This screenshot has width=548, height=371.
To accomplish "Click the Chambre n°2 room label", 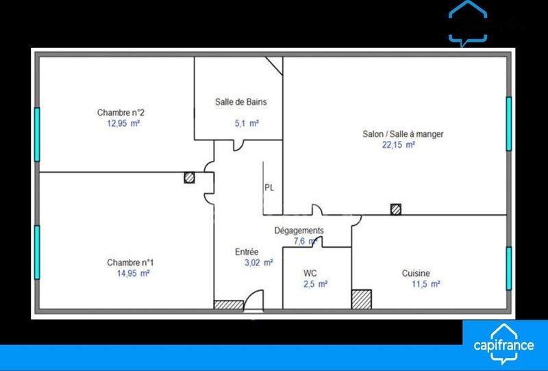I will [x=120, y=113].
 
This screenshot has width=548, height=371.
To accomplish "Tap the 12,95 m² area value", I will [x=119, y=124].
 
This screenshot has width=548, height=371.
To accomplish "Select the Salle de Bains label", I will [x=237, y=103].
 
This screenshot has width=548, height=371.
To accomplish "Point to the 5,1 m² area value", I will [x=245, y=124].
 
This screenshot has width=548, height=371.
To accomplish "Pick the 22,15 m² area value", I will [x=399, y=145].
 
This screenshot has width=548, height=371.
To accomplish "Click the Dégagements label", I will [x=299, y=231].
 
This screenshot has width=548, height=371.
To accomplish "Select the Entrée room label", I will [x=247, y=251].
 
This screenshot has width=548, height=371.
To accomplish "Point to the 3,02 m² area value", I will [x=259, y=262].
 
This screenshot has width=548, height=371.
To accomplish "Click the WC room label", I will [x=310, y=272].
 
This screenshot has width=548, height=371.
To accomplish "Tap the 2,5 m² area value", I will [x=315, y=283].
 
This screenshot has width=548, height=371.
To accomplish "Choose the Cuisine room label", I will [x=416, y=272].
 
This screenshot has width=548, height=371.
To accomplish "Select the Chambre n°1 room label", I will [x=130, y=262].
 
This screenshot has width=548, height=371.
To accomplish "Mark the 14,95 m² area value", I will [x=134, y=273].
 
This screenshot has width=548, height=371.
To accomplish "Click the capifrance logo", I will [x=504, y=344].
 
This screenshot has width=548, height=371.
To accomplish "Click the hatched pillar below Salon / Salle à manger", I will [x=395, y=209].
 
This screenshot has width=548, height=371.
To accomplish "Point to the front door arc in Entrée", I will [x=253, y=300].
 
